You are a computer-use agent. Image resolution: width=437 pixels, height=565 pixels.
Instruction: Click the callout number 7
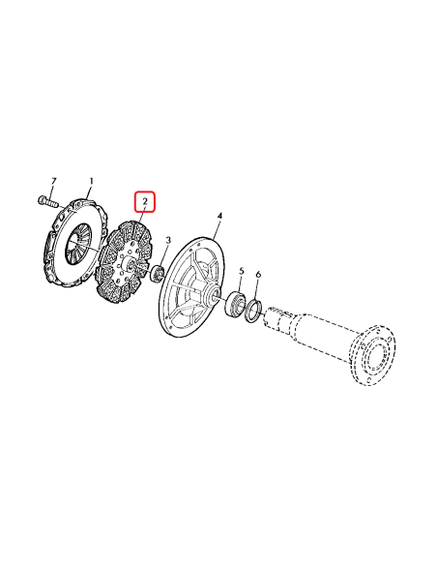pos(53,182)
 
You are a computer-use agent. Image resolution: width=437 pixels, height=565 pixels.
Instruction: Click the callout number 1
pos(92,181)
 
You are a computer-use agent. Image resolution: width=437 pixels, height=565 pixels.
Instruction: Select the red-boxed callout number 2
pos(144,202)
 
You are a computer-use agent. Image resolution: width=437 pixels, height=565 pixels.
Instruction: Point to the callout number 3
pos(169,240)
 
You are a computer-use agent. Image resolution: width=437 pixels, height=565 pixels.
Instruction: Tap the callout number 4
pos(219,215)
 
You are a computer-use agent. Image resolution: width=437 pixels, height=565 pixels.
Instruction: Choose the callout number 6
pos(258,277)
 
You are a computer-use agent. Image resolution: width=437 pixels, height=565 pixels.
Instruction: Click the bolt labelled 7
pos(46,202)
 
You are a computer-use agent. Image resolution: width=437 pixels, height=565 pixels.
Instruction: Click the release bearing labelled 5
pos(233,307)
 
